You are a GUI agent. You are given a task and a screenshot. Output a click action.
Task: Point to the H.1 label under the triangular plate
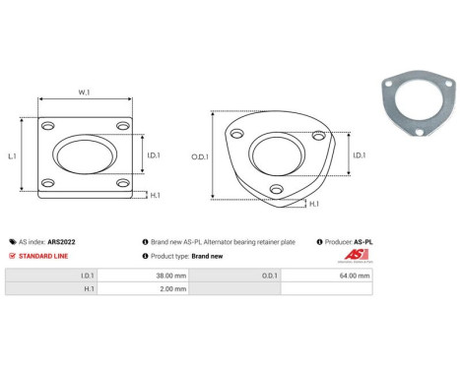314,204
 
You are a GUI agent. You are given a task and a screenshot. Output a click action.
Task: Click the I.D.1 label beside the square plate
154,154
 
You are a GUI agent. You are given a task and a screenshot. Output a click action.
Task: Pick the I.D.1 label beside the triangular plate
360,154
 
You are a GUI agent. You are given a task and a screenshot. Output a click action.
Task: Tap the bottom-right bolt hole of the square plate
121,184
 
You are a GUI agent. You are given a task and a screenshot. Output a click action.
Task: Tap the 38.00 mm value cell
158,277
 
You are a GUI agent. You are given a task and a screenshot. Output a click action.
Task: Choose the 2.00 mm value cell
159,289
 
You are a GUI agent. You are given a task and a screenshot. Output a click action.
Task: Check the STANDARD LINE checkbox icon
12,255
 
